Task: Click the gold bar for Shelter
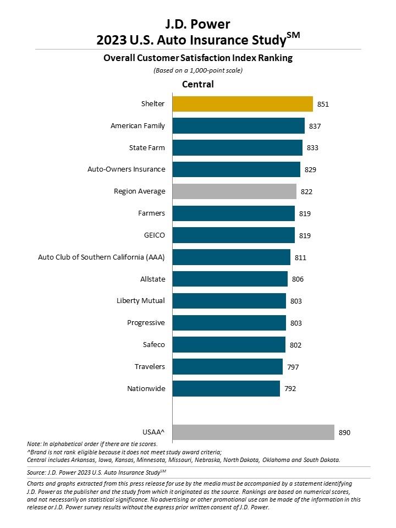pos(243,104)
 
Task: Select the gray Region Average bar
pos(234,191)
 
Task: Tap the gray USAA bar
pos(253,432)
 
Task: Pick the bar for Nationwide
pos(226,389)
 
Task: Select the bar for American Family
pos(238,126)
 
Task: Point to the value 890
pos(344,433)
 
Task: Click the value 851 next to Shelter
pos(323,104)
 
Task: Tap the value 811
pos(300,257)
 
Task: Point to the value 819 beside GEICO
pos(305,235)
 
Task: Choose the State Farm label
pos(146,148)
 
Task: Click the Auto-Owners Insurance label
pos(127,169)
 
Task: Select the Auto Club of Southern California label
pos(101,257)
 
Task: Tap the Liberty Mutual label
pos(141,301)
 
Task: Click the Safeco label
pos(153,345)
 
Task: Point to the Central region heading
pos(198,84)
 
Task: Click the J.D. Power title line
pos(198,24)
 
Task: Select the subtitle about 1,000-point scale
pos(198,70)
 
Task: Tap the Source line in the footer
pos(96,472)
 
